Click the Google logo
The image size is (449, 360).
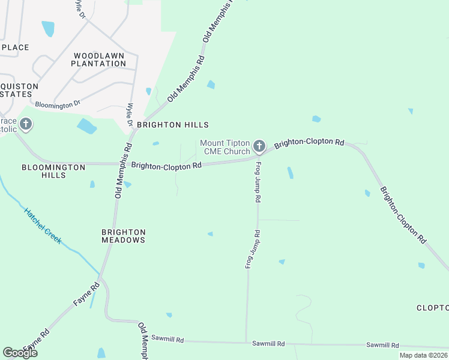20,353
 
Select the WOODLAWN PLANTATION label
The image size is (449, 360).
98,59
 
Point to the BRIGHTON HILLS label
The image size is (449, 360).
172,125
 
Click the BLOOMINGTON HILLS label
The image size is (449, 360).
53,171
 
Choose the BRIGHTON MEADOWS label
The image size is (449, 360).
124,236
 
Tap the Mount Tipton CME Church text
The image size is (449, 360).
224,147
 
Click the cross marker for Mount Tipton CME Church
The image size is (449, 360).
259,146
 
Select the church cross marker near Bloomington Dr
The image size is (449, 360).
25,125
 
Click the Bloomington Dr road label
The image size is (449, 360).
58,104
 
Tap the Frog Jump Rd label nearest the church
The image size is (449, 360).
258,181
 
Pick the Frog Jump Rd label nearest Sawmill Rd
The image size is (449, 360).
252,249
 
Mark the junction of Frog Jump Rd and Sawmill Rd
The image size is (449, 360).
246,343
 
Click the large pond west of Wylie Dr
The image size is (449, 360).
87,126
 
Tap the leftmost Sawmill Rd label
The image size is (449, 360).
166,340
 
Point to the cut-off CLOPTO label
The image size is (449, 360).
433,308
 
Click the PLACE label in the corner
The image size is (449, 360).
15,47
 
